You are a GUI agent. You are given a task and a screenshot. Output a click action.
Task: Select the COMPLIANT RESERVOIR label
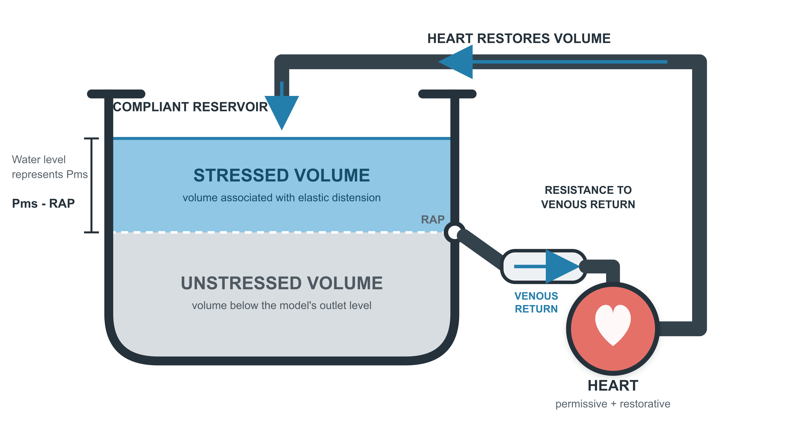190,107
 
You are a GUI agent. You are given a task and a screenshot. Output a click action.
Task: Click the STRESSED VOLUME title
282,175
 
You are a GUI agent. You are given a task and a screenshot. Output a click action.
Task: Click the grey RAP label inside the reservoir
433,220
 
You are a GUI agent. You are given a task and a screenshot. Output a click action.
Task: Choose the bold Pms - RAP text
43,203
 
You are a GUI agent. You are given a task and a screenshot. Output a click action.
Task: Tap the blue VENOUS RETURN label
536,302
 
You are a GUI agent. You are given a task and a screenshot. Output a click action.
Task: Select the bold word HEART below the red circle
613,385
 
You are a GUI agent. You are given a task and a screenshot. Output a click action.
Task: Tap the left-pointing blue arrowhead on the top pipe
455,62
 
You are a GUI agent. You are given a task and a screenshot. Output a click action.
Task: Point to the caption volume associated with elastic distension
282,197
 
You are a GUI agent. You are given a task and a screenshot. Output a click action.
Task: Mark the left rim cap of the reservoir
116,94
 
